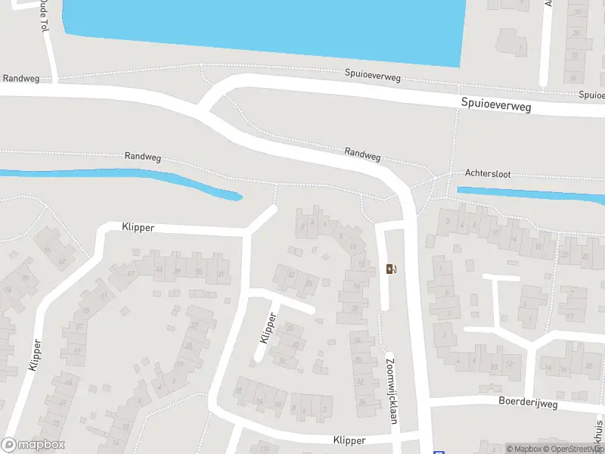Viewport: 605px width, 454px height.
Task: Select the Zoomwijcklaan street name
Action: (x=392, y=389)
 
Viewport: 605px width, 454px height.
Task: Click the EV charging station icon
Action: (x=391, y=269)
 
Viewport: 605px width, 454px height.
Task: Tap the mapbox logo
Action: (x=33, y=445)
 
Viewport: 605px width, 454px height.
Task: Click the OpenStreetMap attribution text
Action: (x=574, y=449)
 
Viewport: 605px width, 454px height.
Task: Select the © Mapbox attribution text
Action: (x=524, y=449)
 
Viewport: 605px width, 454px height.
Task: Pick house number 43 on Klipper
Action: (x=159, y=269)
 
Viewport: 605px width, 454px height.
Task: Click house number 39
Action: (x=178, y=271)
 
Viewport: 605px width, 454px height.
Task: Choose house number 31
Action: (x=221, y=273)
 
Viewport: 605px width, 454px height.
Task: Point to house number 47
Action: (x=131, y=274)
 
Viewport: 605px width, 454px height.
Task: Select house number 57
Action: (x=79, y=327)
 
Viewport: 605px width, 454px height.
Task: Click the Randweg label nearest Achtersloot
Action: (x=362, y=152)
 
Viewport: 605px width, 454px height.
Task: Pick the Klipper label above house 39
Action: (x=138, y=226)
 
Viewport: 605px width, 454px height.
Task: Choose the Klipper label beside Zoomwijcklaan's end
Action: (x=349, y=440)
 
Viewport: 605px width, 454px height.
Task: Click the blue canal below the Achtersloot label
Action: (x=529, y=196)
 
